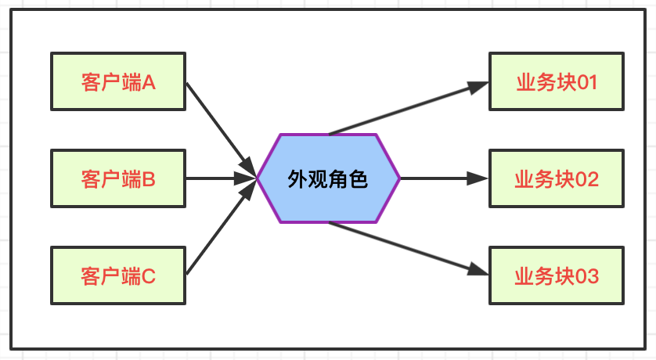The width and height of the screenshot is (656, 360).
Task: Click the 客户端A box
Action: (x=118, y=81)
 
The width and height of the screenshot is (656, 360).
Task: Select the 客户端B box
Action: (x=118, y=178)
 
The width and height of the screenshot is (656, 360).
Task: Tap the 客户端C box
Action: (x=118, y=275)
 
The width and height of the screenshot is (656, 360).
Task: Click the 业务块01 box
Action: (x=557, y=81)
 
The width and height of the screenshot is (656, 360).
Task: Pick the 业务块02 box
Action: (x=557, y=178)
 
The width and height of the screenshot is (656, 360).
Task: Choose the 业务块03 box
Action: (x=557, y=275)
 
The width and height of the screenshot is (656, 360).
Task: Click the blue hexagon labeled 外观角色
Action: (x=329, y=178)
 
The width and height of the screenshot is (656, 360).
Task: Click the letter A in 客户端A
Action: (x=150, y=82)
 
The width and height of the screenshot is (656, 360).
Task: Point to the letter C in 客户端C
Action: (x=149, y=275)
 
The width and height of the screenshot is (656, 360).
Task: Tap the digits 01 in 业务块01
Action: (x=587, y=82)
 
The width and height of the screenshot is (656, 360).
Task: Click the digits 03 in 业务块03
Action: (x=587, y=275)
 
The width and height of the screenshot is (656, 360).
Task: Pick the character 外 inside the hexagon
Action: (x=297, y=179)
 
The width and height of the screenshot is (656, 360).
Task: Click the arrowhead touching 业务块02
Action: (x=479, y=178)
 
